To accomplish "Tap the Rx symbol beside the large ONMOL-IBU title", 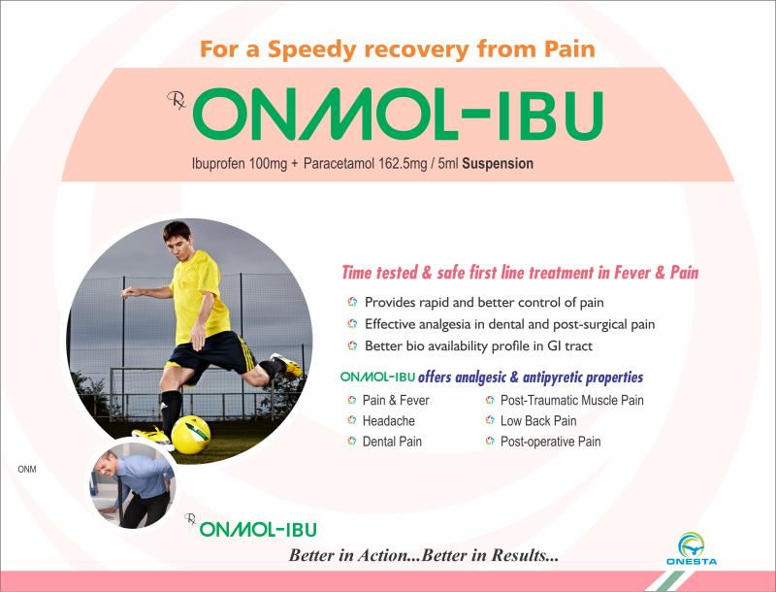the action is pos(177,101).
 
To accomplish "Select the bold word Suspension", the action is pos(498,164).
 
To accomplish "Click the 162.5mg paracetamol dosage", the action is pos(403,163).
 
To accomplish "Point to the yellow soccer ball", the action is pos(190,435).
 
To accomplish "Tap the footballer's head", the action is pos(178,239).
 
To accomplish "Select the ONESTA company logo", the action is pos(692,549).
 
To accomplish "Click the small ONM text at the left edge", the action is pos(27,470).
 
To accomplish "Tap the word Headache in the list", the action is pos(389,421).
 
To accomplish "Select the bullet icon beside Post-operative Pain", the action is pos(490,441).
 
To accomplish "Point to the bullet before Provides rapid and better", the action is pos(352,302).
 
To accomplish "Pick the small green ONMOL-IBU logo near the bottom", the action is pos(258,530).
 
